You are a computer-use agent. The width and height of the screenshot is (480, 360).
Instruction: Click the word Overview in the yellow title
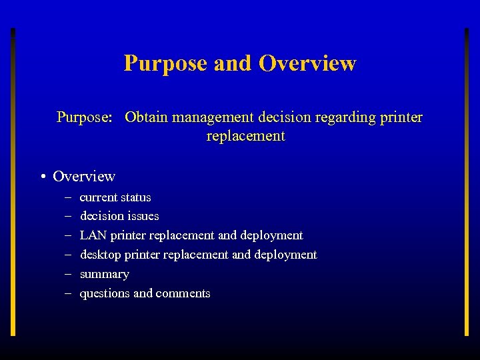pos(307,63)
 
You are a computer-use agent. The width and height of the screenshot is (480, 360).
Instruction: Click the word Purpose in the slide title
pos(166,64)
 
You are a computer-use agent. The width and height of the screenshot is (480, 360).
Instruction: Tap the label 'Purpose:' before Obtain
pos(85,118)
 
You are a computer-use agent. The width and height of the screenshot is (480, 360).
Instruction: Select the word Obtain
pos(147,118)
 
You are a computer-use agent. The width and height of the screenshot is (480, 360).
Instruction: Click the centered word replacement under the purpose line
pos(245,137)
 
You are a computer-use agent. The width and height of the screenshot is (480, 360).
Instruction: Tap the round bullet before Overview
pos(42,177)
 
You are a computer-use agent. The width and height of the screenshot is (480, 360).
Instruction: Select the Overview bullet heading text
pos(84,177)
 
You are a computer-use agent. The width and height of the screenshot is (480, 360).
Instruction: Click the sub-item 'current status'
pos(115,197)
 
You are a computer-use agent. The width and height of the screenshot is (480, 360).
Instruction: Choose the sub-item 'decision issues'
pos(119,216)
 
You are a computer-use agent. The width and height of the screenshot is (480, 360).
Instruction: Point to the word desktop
pos(100,255)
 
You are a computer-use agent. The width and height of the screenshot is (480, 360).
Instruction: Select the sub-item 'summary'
pos(104,274)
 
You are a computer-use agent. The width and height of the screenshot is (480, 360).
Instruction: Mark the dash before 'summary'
pos(68,274)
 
